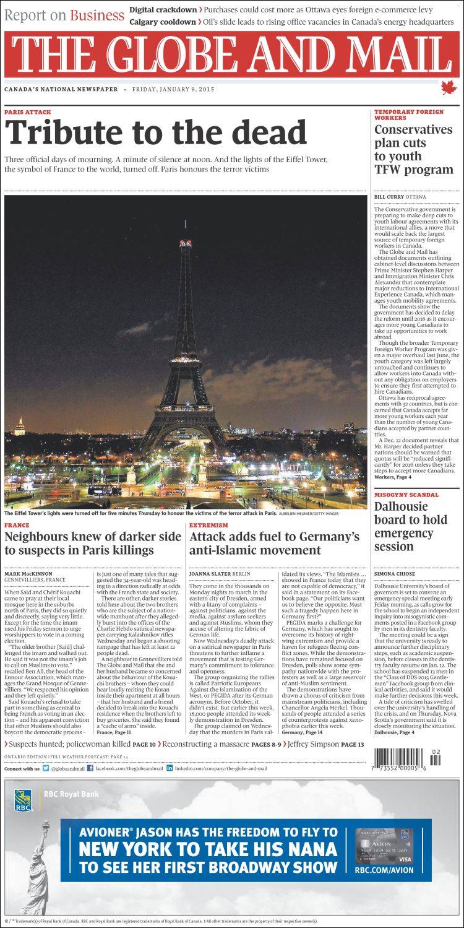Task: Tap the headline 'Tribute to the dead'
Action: pos(156,132)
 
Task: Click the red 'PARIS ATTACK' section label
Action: pos(28,112)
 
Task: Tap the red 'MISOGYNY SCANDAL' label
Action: pos(406,495)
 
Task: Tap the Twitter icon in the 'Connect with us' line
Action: pos(45,768)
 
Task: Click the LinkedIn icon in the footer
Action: pos(169,768)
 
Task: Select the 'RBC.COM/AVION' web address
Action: pos(384,870)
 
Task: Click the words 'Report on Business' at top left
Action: pos(64,15)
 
